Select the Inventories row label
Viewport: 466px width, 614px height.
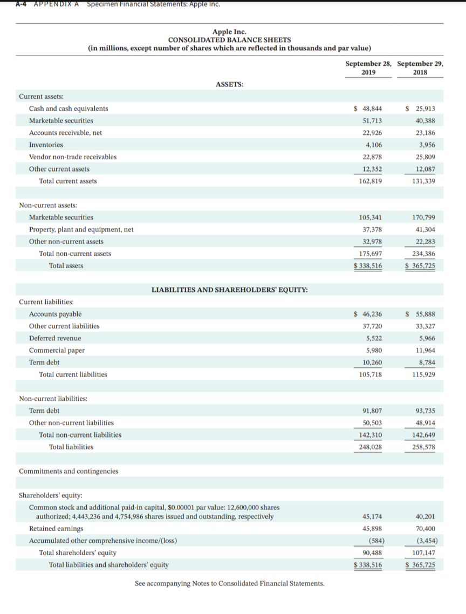click(46, 145)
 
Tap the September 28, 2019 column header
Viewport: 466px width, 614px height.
click(368, 67)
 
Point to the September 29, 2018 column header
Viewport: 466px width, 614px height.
click(420, 67)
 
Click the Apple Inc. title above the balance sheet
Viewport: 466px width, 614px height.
click(229, 32)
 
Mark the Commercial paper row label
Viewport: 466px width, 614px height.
click(57, 350)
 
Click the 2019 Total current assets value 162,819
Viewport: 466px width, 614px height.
click(370, 181)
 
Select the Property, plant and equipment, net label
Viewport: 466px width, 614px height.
click(81, 229)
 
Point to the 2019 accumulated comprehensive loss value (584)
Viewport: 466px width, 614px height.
click(373, 541)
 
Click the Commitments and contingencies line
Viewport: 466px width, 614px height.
click(68, 471)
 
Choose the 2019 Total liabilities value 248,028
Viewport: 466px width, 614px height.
click(370, 447)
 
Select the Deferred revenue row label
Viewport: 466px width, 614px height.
click(55, 338)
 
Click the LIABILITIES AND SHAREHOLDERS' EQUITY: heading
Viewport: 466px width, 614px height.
click(230, 290)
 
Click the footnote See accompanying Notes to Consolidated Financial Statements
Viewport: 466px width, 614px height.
click(229, 583)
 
